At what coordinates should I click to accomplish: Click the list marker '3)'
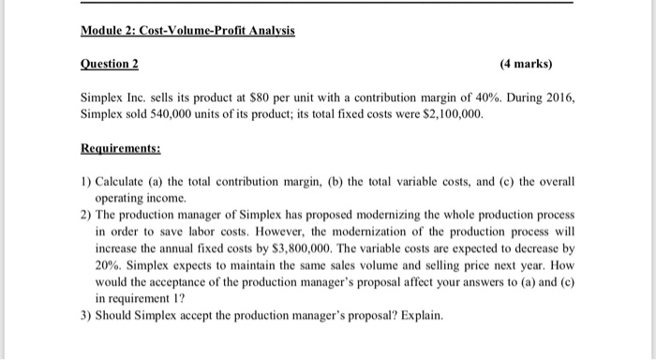pyautogui.click(x=85, y=316)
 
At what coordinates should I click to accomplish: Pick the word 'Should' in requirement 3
pyautogui.click(x=117, y=316)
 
